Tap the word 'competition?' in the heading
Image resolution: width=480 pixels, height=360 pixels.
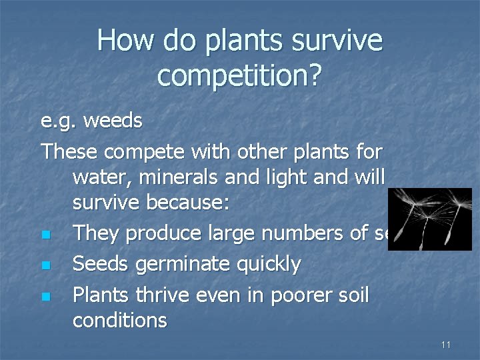[239, 77]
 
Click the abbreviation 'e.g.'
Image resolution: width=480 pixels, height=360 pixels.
[59, 122]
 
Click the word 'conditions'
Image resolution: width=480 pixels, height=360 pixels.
[120, 321]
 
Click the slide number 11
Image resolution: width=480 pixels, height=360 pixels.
[446, 345]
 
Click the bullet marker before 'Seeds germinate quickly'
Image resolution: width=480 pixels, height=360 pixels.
[45, 265]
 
